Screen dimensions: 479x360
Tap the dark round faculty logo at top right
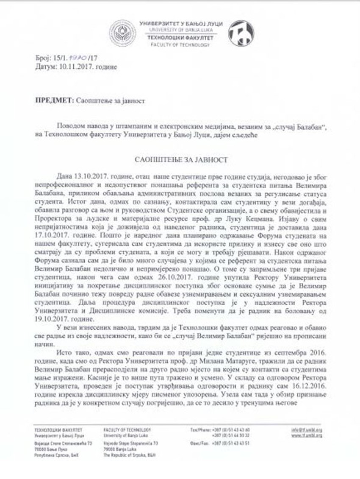click(x=241, y=33)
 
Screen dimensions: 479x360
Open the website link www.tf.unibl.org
click(x=313, y=435)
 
